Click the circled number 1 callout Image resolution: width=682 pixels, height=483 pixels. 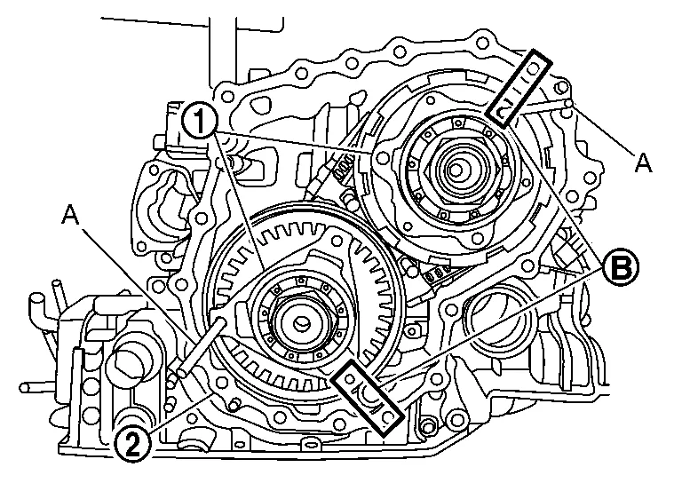(x=200, y=121)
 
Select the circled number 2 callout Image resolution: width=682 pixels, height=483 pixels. (x=132, y=445)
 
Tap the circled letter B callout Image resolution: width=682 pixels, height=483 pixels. (x=621, y=269)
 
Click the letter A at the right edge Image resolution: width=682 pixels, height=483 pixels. (x=644, y=162)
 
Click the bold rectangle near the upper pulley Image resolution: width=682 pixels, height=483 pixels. (x=519, y=89)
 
